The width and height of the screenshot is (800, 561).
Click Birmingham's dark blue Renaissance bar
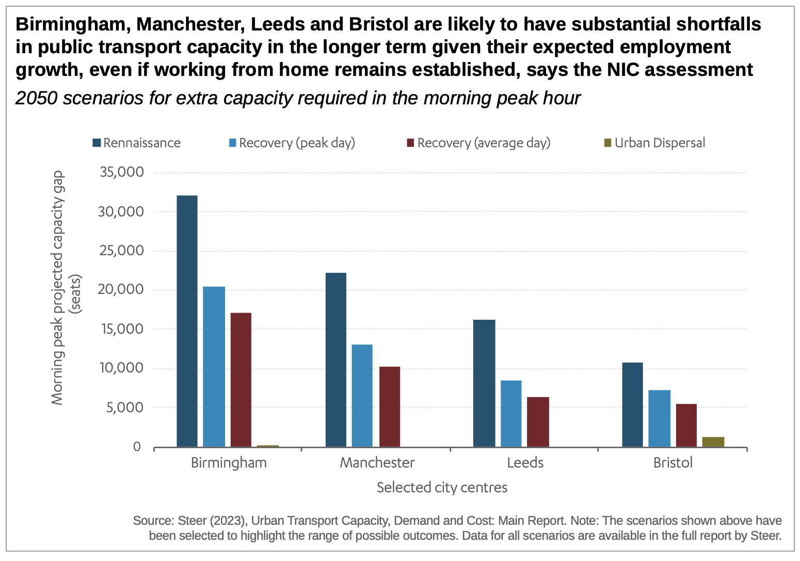pyautogui.click(x=187, y=321)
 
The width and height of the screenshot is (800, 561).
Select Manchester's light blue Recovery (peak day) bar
pyautogui.click(x=362, y=396)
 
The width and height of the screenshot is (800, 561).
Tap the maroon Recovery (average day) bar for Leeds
pyautogui.click(x=538, y=422)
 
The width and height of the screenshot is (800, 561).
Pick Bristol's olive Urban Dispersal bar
pyautogui.click(x=713, y=442)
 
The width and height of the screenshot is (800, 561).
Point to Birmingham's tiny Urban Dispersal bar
pyautogui.click(x=267, y=446)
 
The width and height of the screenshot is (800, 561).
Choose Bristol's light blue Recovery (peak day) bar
pyautogui.click(x=659, y=418)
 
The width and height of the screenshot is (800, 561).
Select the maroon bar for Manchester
pyautogui.click(x=389, y=407)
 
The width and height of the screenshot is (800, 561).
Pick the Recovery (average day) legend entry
pyautogui.click(x=478, y=143)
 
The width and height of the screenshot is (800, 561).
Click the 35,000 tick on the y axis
pyautogui.click(x=122, y=172)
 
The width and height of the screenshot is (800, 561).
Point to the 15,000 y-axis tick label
pyautogui.click(x=122, y=329)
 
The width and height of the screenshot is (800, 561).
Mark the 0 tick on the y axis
pyautogui.click(x=137, y=447)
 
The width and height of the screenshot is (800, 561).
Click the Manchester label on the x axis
pyautogui.click(x=377, y=463)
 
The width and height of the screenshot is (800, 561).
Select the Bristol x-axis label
pyautogui.click(x=673, y=463)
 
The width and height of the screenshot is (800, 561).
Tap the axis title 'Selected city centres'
pyautogui.click(x=442, y=488)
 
